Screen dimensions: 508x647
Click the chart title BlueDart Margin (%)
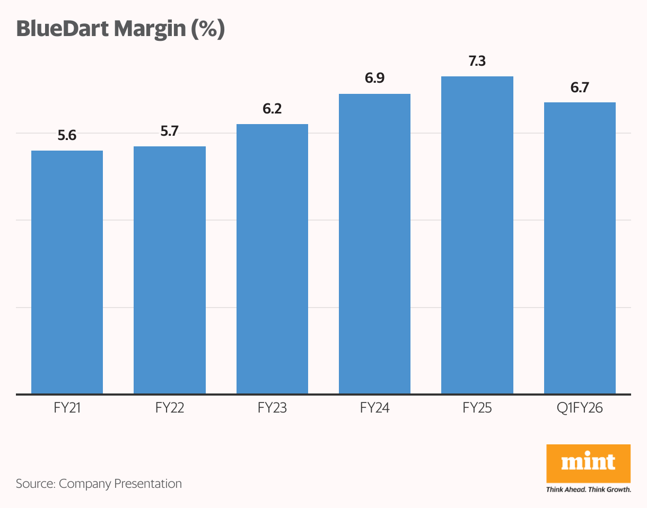click(121, 30)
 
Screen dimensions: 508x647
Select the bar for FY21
click(67, 272)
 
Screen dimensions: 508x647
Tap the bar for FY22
click(170, 270)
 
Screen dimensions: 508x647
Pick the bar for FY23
click(272, 259)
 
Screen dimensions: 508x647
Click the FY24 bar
click(374, 244)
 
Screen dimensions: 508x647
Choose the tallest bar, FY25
click(477, 235)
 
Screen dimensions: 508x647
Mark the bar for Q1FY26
click(580, 248)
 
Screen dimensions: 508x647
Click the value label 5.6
click(67, 136)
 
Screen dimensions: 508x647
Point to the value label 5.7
click(170, 132)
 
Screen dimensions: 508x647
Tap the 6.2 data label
click(272, 109)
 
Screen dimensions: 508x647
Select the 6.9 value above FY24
click(374, 79)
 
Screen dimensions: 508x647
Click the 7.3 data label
click(477, 62)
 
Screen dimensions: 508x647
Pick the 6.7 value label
click(580, 87)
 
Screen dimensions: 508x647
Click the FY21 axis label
click(67, 408)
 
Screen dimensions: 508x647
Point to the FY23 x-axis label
click(272, 408)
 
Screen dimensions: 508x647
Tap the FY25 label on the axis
click(477, 408)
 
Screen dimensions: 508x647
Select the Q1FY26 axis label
click(580, 408)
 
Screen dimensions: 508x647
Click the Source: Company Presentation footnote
click(99, 484)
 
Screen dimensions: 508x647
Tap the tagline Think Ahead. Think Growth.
click(588, 489)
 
